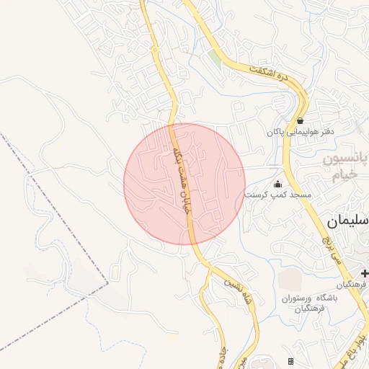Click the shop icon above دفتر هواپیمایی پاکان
(x=300, y=120)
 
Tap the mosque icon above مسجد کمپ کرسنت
(x=278, y=184)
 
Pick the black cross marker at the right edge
(x=365, y=273)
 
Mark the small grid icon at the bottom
(x=290, y=360)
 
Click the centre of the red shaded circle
(x=184, y=184)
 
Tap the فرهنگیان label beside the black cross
(x=356, y=285)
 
